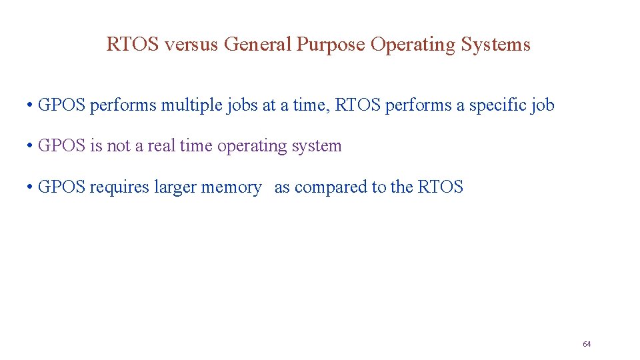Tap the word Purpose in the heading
[331, 45]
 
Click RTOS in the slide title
[133, 45]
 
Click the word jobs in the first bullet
[241, 105]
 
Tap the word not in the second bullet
[119, 146]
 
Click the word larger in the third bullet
[175, 187]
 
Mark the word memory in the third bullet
[231, 187]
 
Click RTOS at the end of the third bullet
[440, 187]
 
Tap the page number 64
[587, 344]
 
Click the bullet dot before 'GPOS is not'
[31, 147]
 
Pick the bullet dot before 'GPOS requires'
[31, 188]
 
